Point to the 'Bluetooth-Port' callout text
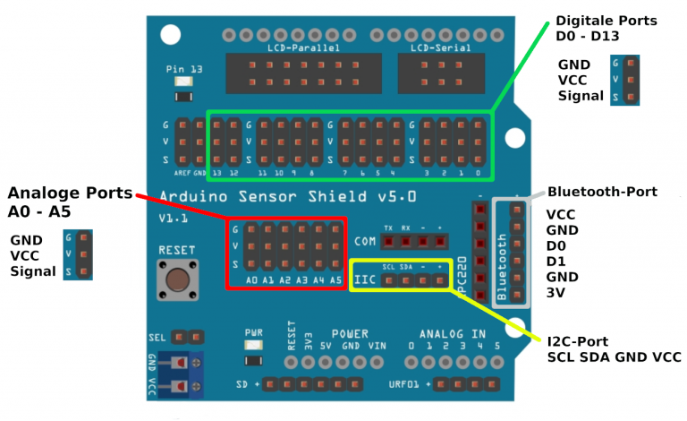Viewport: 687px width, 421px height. click(x=602, y=192)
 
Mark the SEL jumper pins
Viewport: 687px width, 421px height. click(x=188, y=337)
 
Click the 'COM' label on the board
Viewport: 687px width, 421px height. click(x=364, y=241)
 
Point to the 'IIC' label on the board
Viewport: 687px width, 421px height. click(x=365, y=280)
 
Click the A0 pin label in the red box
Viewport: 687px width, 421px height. click(x=252, y=280)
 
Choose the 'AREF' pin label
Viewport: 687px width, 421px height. click(x=182, y=172)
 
